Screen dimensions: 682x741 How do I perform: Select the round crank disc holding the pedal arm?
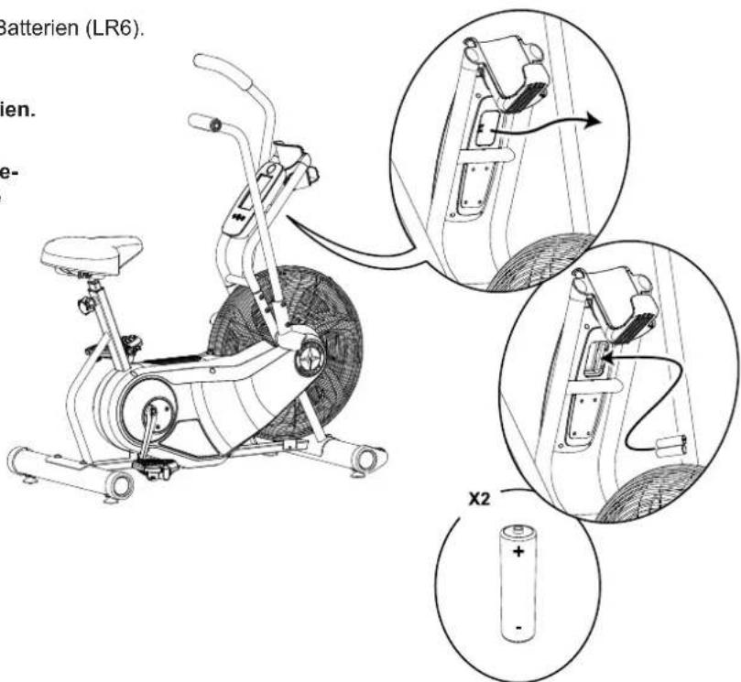click(145, 413)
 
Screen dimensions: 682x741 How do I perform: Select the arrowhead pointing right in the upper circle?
click(594, 121)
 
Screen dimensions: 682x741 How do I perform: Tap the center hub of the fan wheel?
click(310, 359)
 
